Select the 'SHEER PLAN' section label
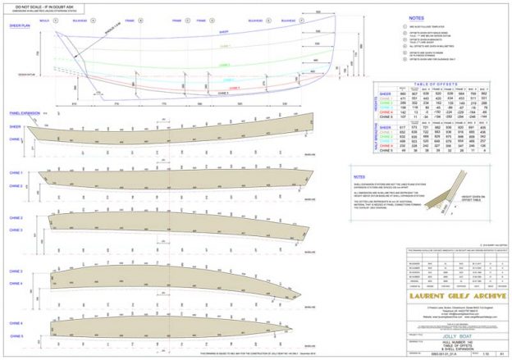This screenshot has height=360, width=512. click(20, 26)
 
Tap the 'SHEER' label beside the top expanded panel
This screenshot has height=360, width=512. click(16, 127)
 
